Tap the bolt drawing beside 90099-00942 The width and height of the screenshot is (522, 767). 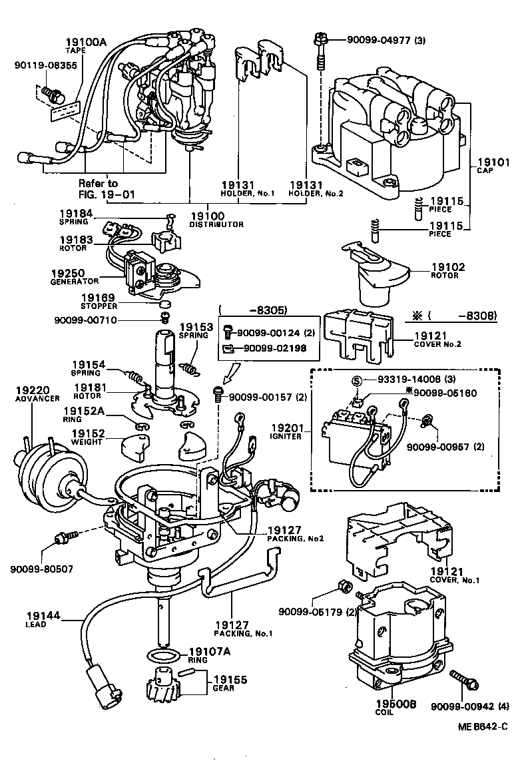(463, 680)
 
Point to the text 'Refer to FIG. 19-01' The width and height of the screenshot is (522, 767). (98, 188)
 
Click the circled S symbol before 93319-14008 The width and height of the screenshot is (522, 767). (356, 380)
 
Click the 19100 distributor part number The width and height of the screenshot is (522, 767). (207, 216)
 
